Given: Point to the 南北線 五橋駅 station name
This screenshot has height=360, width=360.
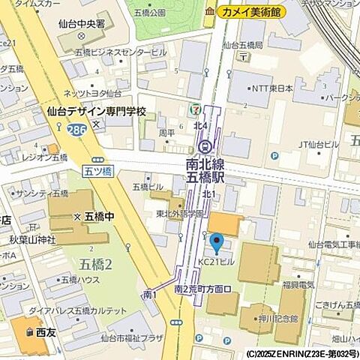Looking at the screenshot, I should pos(208,174).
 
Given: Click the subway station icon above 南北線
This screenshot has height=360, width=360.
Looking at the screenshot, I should pos(207,147).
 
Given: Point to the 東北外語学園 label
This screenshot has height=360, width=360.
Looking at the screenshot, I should pos(181,213).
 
